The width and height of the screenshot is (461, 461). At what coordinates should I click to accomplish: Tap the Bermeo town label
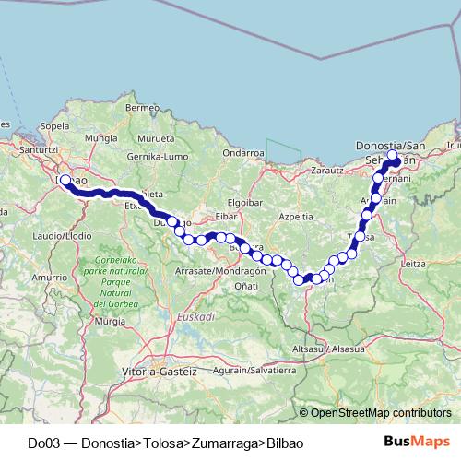pos(143,108)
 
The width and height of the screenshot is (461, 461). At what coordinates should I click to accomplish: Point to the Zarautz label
pos(327,171)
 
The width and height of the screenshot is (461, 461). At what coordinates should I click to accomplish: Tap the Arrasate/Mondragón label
pos(218,271)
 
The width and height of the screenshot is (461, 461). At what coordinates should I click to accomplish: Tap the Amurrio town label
pos(44,277)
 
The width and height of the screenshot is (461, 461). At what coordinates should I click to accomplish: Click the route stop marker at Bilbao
pos(65,181)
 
